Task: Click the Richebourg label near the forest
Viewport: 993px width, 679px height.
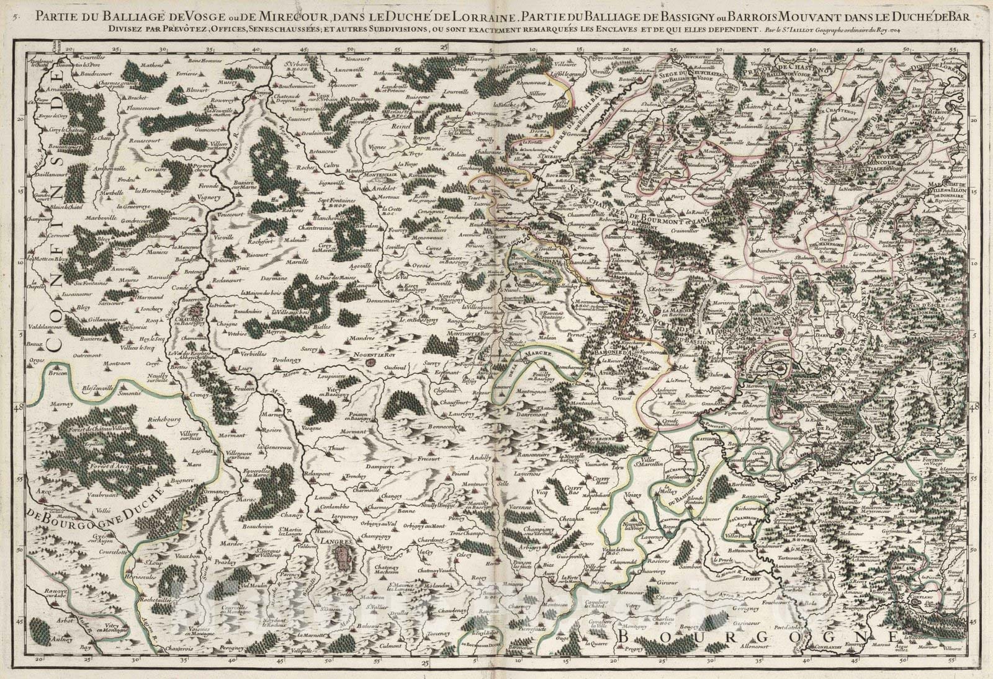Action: [163, 419]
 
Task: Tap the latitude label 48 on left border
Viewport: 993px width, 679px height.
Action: [17, 407]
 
